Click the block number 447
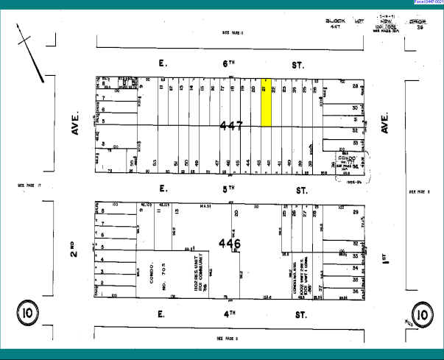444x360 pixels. tap(231, 127)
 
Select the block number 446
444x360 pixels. tap(229, 242)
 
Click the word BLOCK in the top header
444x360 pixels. tap(334, 21)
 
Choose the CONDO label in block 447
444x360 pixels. tap(346, 158)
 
